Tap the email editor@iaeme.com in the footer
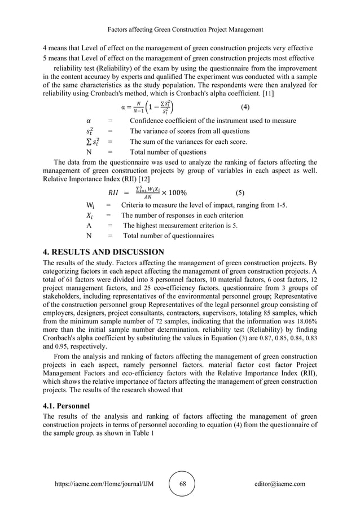(279, 484)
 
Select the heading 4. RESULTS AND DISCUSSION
(103, 252)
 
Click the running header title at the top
(180, 29)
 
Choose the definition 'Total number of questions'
(168, 152)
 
